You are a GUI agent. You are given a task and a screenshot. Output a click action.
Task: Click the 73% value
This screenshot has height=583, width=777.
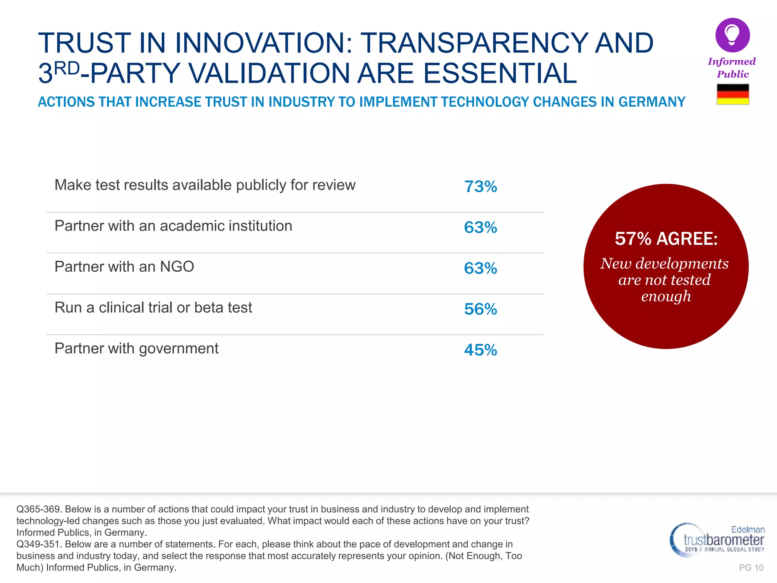point(480,186)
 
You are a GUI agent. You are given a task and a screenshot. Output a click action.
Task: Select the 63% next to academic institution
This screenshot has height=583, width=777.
point(480,227)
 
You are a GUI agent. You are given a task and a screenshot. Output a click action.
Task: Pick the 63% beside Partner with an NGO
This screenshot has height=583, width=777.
point(480,268)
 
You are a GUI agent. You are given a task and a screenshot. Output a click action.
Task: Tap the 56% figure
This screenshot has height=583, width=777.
point(480,309)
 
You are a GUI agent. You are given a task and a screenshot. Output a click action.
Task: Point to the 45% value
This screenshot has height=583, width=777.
point(480,350)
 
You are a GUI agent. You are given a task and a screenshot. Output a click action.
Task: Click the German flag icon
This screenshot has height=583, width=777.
point(733,94)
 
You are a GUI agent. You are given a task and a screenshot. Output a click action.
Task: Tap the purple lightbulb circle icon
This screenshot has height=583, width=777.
point(732,35)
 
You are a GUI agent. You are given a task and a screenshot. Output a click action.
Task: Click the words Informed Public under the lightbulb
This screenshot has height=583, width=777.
point(732,68)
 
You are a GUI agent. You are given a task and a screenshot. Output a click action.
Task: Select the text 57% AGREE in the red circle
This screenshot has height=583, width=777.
point(666,239)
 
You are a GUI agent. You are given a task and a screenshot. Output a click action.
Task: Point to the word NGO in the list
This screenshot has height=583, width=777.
point(177,267)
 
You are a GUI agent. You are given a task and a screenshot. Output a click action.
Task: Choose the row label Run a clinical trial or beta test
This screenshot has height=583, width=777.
point(153,308)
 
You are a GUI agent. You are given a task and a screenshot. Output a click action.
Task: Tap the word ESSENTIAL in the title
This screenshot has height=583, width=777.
point(500,73)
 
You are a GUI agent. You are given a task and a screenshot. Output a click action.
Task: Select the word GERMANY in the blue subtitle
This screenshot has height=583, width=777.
point(652,102)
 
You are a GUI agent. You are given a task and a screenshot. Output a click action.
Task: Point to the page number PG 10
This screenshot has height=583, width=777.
point(751,568)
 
